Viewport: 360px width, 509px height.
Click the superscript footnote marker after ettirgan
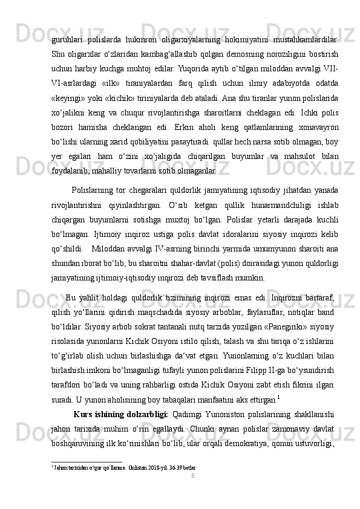(278, 397)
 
